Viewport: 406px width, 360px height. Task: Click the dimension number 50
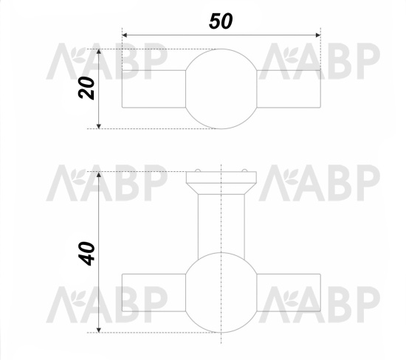click(x=221, y=21)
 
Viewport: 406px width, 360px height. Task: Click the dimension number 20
click(x=86, y=88)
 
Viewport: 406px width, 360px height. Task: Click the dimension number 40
click(x=86, y=254)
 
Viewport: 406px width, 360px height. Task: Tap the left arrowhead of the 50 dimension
click(x=125, y=35)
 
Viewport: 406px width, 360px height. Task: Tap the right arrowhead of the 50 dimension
click(x=318, y=35)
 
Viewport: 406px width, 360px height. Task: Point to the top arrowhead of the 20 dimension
click(x=99, y=52)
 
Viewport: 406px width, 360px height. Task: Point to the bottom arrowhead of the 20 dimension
click(x=99, y=126)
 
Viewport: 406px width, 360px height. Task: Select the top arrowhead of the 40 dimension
click(x=99, y=174)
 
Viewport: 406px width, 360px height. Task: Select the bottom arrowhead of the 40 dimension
click(x=99, y=330)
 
